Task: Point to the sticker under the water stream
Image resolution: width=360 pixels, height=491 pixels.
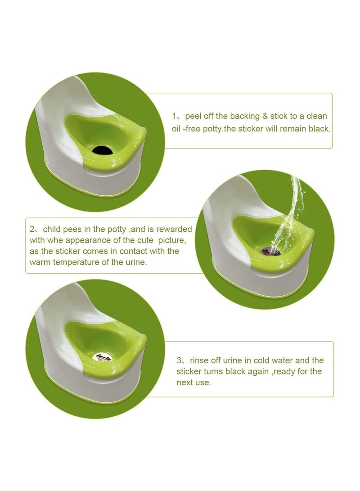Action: click(270, 251)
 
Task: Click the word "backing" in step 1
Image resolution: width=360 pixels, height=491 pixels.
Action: click(245, 116)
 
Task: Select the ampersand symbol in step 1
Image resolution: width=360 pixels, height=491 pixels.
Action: click(265, 116)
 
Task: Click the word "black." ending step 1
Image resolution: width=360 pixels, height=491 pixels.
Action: click(319, 129)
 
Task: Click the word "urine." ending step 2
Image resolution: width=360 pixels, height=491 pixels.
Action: click(135, 262)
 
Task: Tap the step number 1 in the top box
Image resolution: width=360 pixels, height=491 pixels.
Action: click(174, 116)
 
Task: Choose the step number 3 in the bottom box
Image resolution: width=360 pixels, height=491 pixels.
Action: click(179, 360)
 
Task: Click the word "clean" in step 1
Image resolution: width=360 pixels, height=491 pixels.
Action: click(317, 116)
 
